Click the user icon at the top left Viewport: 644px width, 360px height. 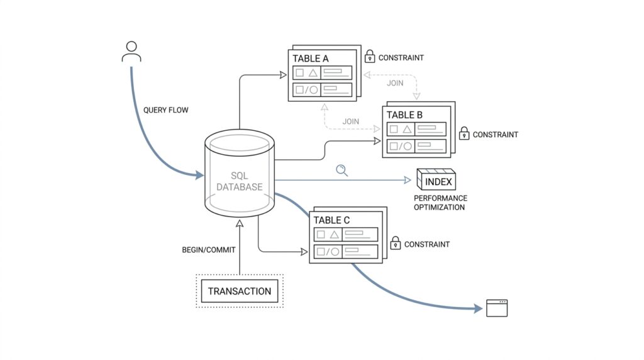pos(131,52)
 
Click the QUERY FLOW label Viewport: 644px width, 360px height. pos(165,110)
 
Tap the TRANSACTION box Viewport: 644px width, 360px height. pos(240,291)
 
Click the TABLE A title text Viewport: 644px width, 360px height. pos(311,59)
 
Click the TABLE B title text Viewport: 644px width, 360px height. pos(404,115)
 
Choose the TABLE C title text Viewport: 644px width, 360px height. pos(331,220)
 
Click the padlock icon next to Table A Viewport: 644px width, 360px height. pos(370,57)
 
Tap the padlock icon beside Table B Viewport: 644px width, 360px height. pos(464,133)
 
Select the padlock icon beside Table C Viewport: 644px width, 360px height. pos(396,243)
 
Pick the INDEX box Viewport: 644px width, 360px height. pos(436,181)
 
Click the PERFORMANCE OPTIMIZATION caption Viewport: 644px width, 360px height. pos(440,203)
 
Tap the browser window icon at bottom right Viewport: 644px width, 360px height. pos(497,308)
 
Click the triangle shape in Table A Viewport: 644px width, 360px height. pos(313,73)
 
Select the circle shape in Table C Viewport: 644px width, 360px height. pos(335,252)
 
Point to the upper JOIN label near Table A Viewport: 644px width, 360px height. pos(396,83)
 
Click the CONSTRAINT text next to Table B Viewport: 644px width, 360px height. pos(496,135)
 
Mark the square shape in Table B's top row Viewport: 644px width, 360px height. pos(394,129)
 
